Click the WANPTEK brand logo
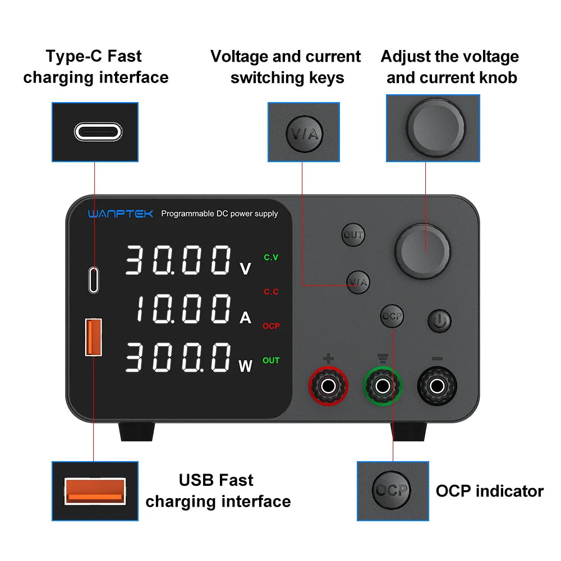coord(120,214)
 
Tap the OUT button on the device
coord(353,235)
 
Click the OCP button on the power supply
coord(392,316)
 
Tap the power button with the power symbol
coord(439,321)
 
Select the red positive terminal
coord(329,385)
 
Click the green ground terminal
coord(383,385)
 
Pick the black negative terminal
coord(436,385)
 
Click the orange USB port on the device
coord(93,337)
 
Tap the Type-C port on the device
coord(93,279)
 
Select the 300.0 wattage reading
coord(177,358)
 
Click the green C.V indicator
coord(271,257)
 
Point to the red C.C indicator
coord(271,292)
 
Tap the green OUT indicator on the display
coord(271,360)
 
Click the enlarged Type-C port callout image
coord(95,132)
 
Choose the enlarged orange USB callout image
coord(95,491)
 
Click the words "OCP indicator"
coord(489,491)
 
